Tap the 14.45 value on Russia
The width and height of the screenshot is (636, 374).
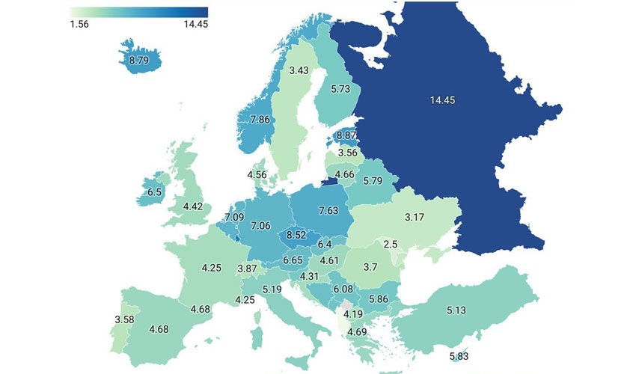point(443,100)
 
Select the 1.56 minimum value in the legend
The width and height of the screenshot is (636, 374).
point(80,24)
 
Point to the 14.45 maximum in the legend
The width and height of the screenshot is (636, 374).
point(195,24)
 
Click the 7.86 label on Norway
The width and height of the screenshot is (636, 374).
point(260,120)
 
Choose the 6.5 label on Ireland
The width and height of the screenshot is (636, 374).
point(155,192)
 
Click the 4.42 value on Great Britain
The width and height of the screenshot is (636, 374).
point(194,206)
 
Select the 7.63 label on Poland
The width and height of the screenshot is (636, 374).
point(329,210)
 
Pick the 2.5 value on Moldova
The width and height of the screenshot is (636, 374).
point(390,245)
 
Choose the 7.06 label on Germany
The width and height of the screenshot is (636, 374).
point(260,225)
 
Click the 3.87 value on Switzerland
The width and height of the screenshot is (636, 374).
point(247,269)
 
